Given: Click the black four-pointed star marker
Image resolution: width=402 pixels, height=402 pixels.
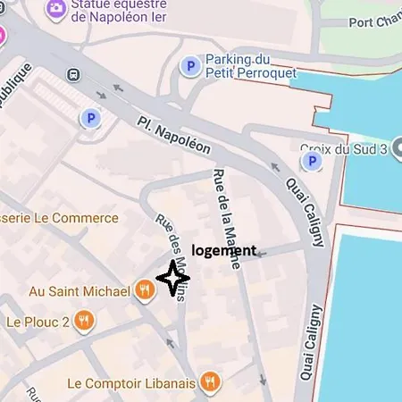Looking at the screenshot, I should pyautogui.click(x=173, y=280).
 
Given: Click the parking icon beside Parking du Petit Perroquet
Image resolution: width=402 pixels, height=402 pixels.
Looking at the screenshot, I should pyautogui.click(x=188, y=65).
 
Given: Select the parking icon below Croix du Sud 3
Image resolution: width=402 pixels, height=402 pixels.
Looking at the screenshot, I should pyautogui.click(x=312, y=161).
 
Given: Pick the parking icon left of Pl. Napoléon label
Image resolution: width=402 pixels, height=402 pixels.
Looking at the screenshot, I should pyautogui.click(x=89, y=118).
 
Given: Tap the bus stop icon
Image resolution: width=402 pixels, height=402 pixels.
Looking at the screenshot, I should pyautogui.click(x=71, y=77).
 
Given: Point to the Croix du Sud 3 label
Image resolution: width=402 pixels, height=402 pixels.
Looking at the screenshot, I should pyautogui.click(x=344, y=148).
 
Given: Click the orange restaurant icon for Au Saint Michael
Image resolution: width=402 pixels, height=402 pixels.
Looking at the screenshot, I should pyautogui.click(x=144, y=289).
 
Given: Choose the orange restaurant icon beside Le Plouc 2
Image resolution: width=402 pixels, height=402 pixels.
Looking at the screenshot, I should pyautogui.click(x=84, y=321).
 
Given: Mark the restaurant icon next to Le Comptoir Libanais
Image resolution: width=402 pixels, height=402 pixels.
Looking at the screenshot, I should pyautogui.click(x=210, y=382).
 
